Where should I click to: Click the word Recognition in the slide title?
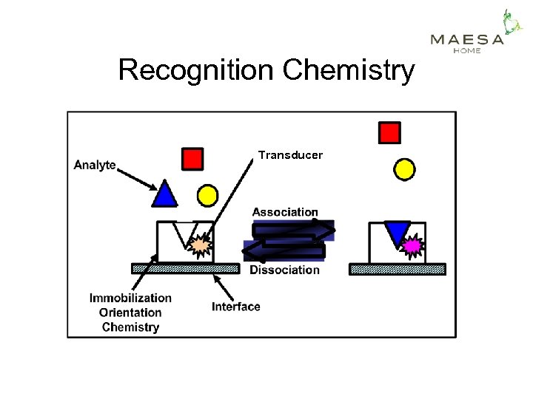pyautogui.click(x=196, y=71)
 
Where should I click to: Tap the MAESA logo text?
pyautogui.click(x=466, y=40)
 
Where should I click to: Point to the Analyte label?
pyautogui.click(x=95, y=165)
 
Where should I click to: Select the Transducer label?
pyautogui.click(x=290, y=155)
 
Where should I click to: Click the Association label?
pyautogui.click(x=285, y=212)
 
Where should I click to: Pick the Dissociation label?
pyautogui.click(x=284, y=270)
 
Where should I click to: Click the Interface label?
pyautogui.click(x=235, y=307)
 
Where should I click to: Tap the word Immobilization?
pyautogui.click(x=130, y=298)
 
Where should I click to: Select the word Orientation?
pyautogui.click(x=130, y=313)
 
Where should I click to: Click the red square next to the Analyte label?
pyautogui.click(x=192, y=159)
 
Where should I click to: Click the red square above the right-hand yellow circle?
pyautogui.click(x=389, y=133)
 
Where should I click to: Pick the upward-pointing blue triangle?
pyautogui.click(x=164, y=194)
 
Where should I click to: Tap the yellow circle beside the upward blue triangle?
pyautogui.click(x=208, y=196)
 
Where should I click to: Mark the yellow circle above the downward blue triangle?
pyautogui.click(x=403, y=170)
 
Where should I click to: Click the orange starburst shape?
pyautogui.click(x=200, y=245)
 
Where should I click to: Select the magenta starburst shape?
pyautogui.click(x=412, y=244)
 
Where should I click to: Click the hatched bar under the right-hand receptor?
pyautogui.click(x=398, y=270)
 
